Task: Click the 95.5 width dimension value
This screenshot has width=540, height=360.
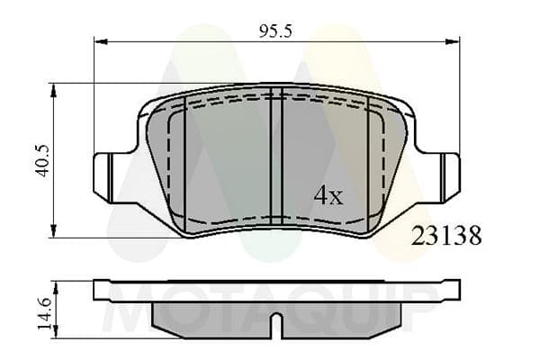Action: coord(275,31)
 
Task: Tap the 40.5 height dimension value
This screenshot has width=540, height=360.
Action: coord(44,161)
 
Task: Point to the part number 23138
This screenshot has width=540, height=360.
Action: coord(446,236)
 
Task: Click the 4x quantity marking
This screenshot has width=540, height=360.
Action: coord(328,195)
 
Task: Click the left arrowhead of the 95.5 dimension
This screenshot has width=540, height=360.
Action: coord(101,41)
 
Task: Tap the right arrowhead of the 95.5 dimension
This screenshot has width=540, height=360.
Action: coord(453,41)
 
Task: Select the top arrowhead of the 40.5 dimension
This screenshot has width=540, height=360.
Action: coord(53,90)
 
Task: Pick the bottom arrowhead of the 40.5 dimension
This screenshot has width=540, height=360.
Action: coord(53,230)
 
